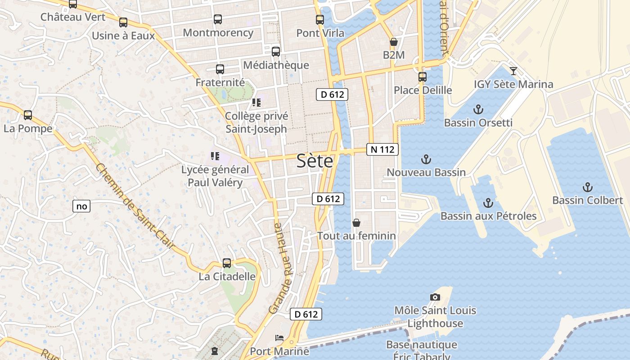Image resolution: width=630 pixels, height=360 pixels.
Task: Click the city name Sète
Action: click(x=315, y=161)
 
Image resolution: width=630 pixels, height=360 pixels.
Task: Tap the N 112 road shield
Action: click(x=382, y=149)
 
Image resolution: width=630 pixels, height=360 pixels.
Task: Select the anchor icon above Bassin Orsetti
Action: click(x=478, y=109)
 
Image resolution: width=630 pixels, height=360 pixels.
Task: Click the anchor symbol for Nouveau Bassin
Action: click(x=426, y=159)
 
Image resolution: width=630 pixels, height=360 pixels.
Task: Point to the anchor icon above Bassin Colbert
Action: click(x=587, y=187)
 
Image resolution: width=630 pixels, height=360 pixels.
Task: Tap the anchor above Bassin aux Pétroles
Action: click(x=488, y=203)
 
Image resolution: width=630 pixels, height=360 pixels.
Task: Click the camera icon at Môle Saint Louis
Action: click(x=435, y=297)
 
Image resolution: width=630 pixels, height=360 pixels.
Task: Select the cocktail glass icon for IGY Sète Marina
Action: click(x=513, y=71)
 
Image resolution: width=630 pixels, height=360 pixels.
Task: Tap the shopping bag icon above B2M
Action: click(x=394, y=42)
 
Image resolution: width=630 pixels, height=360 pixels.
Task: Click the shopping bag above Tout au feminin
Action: click(x=356, y=223)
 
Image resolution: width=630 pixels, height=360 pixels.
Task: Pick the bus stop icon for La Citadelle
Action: click(x=227, y=263)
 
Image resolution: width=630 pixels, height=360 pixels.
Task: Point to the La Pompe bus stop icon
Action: click(x=28, y=115)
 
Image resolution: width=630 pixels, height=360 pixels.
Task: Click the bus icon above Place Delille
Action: click(x=422, y=77)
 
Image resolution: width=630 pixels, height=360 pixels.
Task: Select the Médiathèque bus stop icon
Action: click(x=276, y=52)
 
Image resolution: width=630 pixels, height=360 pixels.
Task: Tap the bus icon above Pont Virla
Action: click(x=320, y=20)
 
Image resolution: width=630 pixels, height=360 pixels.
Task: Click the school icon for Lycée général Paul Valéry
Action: click(x=215, y=156)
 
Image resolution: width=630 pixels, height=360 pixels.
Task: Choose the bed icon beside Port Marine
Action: click(x=279, y=337)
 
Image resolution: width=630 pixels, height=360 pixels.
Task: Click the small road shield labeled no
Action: click(x=81, y=207)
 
